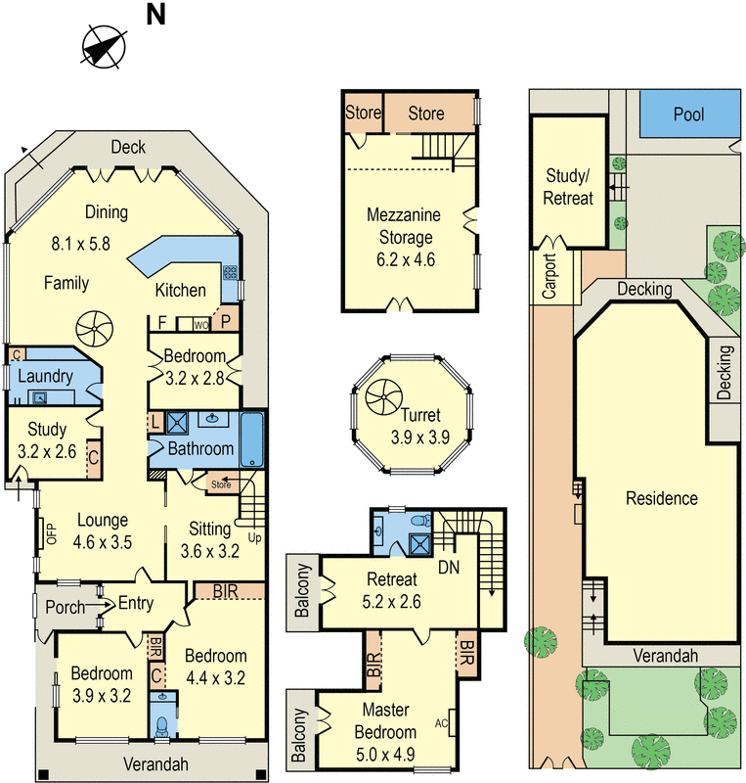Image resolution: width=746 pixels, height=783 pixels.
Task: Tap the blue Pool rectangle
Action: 688,115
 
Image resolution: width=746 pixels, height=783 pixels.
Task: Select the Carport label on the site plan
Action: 549,277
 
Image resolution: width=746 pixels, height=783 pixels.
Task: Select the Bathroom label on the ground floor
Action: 201,448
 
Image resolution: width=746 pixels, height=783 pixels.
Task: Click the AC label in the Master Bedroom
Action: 440,726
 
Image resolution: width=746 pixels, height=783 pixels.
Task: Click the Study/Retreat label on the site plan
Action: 569,187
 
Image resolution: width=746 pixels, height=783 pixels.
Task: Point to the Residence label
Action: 662,498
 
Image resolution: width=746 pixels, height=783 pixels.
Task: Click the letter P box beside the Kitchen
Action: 226,321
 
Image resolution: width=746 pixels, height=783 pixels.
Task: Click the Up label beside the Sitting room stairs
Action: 256,538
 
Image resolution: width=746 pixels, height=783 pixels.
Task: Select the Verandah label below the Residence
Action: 665,656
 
